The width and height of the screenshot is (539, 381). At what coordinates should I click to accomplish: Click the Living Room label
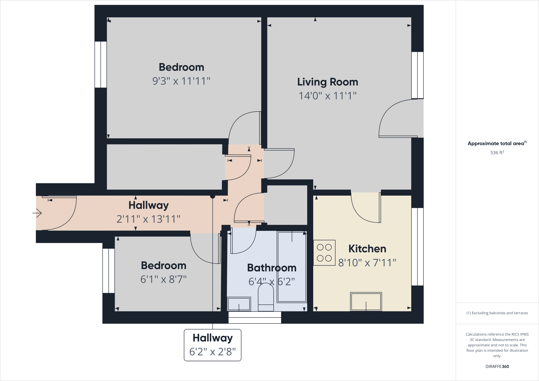click(328, 82)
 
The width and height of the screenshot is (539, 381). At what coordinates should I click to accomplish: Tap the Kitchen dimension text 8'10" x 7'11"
click(367, 263)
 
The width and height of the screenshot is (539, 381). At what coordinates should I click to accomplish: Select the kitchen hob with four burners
click(324, 253)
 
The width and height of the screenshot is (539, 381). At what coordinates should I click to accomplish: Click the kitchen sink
click(366, 301)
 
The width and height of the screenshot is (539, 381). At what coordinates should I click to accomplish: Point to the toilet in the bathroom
click(266, 297)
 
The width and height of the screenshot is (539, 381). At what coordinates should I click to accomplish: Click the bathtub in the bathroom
click(292, 267)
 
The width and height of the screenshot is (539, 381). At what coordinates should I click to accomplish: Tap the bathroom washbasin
click(239, 304)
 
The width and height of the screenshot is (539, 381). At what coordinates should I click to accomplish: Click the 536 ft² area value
click(497, 153)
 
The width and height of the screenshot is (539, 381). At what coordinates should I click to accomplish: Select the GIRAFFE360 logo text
click(497, 366)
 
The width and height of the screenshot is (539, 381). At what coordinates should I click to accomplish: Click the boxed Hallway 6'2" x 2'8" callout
click(213, 345)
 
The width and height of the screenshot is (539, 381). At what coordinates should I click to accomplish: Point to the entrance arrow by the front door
click(37, 213)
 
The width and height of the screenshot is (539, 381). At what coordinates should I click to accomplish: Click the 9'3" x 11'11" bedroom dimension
click(181, 81)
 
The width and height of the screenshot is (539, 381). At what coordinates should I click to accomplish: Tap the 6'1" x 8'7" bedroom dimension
click(163, 279)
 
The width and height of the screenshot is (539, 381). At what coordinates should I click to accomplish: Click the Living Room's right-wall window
click(417, 75)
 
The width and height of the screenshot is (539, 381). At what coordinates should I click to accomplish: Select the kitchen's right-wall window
click(417, 247)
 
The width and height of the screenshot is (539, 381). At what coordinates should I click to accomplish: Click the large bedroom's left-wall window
click(100, 65)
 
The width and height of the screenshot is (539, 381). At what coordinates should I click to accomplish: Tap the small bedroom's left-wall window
click(109, 271)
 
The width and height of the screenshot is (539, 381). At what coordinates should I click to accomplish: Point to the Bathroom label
click(272, 268)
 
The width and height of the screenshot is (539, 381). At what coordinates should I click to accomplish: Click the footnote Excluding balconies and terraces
click(497, 313)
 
